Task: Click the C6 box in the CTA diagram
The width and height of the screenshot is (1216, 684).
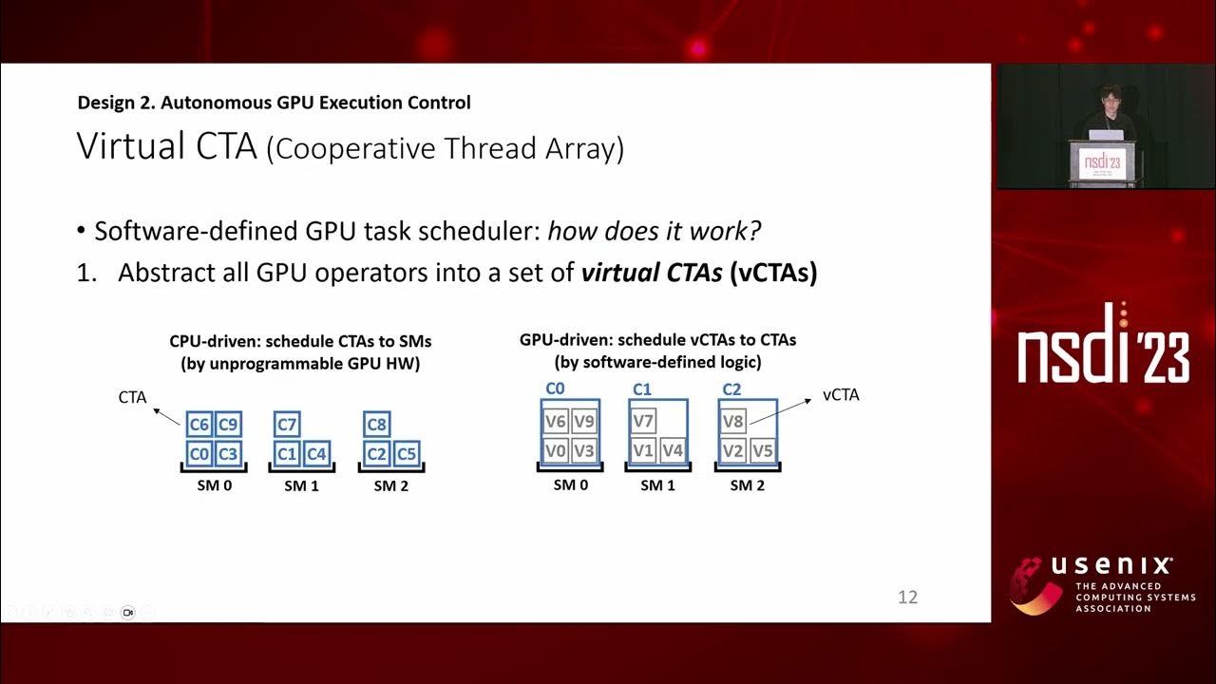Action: coord(199,425)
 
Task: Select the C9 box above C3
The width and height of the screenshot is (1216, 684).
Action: coord(227,425)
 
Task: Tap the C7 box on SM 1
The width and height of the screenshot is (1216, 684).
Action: coord(287,425)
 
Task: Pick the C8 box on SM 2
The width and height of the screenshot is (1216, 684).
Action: coord(377,425)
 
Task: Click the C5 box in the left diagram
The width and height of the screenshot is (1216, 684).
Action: coord(406,453)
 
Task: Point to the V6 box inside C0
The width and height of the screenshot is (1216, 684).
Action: coord(556,422)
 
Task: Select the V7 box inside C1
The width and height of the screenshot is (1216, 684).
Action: coord(643,422)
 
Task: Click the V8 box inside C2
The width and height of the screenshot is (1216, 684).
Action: coord(732,422)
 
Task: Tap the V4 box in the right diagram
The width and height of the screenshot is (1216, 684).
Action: coord(673,450)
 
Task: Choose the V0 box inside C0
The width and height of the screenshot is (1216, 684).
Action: coord(556,450)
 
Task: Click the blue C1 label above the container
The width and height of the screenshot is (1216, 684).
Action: coord(642,389)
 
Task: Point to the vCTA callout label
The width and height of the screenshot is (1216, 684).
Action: coord(841,394)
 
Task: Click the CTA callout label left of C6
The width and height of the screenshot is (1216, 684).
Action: coord(132,397)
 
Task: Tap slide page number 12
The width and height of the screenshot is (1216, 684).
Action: coord(907,598)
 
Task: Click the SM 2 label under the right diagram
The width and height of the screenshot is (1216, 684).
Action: coord(747,484)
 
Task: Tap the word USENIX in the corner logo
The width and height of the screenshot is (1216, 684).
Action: coord(1111,566)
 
